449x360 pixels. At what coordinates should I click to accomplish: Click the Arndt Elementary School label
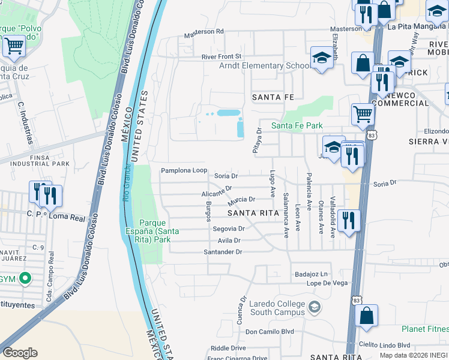point(265,66)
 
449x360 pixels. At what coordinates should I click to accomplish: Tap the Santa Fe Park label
point(297,125)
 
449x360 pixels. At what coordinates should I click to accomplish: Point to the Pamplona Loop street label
point(184,171)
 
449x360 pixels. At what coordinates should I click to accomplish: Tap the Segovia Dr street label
point(229,229)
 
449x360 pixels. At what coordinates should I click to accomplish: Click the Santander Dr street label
point(223,252)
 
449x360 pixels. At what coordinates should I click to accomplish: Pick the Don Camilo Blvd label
point(270,331)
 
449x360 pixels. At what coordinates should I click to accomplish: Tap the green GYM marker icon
point(25,278)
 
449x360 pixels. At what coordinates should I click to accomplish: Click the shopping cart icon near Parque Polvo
point(14,45)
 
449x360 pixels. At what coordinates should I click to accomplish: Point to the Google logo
point(20,353)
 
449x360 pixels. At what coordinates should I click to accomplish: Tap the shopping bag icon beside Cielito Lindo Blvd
point(366,315)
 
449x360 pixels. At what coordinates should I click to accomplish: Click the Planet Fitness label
point(425,329)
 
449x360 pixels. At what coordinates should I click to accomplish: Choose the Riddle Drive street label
point(228,348)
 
